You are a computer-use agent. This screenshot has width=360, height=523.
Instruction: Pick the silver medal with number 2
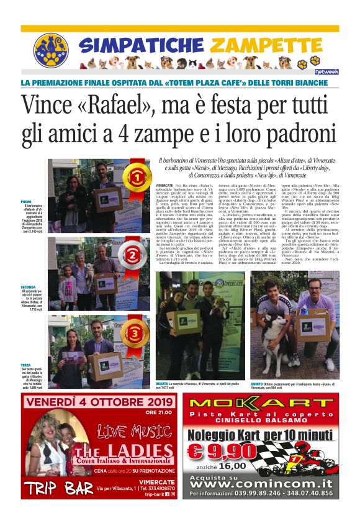click(133, 255)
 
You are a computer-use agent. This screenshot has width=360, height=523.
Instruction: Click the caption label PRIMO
click(25, 202)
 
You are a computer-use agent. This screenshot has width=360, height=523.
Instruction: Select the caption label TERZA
click(25, 365)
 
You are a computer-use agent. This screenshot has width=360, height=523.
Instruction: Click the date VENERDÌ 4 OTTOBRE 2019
click(99, 402)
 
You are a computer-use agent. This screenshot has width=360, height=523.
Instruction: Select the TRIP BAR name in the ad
click(60, 489)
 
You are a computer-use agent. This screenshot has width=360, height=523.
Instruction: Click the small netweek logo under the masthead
click(326, 71)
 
